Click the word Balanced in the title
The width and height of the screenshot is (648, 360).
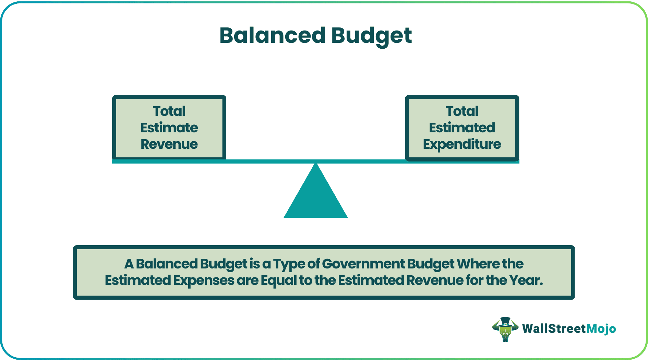272,36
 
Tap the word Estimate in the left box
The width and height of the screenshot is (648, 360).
169,128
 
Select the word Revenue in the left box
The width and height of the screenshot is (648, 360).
169,144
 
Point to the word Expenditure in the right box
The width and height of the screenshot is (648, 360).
462,144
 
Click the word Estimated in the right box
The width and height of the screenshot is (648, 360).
462,128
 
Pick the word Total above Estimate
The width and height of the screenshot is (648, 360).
169,111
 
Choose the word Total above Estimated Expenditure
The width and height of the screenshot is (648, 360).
462,111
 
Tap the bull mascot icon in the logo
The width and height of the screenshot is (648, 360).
505,331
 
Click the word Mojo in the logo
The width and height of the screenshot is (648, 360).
601,329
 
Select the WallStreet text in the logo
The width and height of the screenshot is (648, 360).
554,329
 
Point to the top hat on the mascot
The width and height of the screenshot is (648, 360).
505,322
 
